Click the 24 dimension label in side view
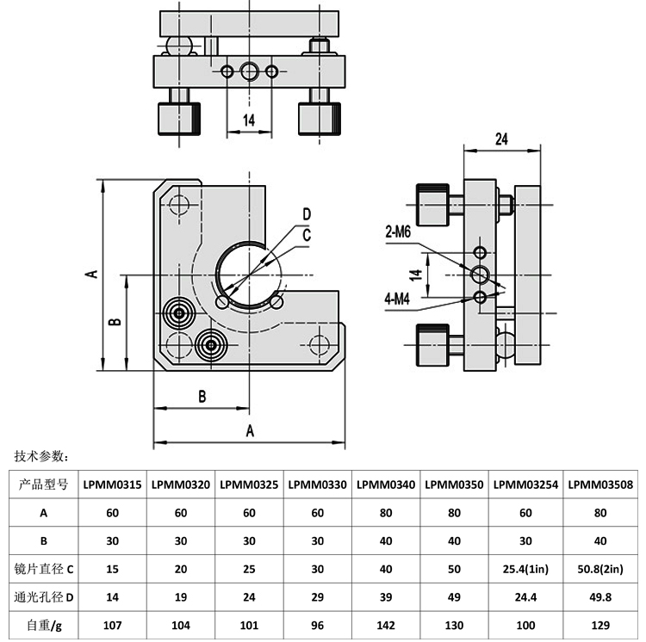coord(503,139)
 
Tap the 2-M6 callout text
coord(398,231)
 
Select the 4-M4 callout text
coord(398,299)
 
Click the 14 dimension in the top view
coord(248,120)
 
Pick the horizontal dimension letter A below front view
coord(251,429)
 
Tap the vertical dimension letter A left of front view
coord(90,274)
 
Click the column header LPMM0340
coord(386,485)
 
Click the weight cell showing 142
coord(386,625)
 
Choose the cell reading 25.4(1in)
coord(526,569)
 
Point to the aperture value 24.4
coord(526,596)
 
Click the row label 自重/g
coord(43,625)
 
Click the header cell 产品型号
coord(43,485)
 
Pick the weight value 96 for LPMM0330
coord(318,625)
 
